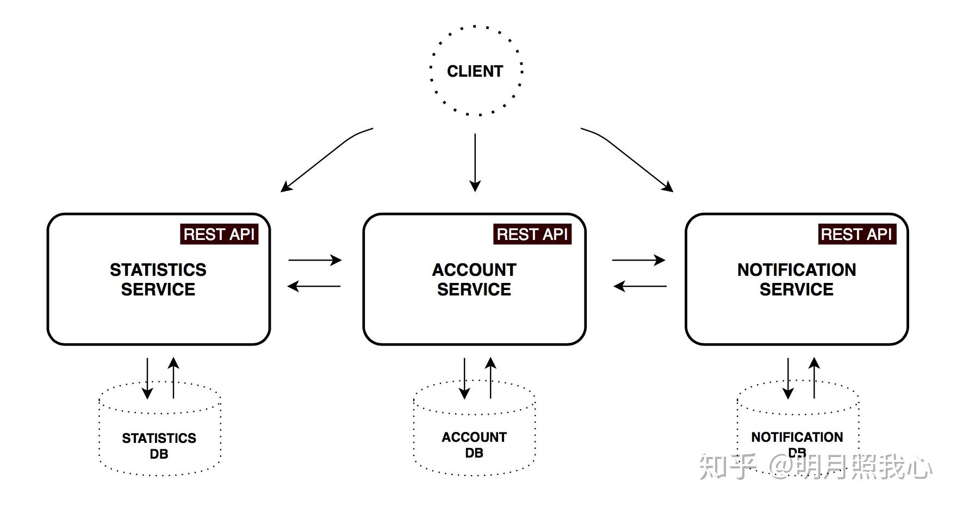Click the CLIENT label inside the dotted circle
pyautogui.click(x=475, y=71)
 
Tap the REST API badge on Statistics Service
pyautogui.click(x=219, y=235)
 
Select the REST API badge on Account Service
pyautogui.click(x=532, y=235)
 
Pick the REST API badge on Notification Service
pyautogui.click(x=856, y=235)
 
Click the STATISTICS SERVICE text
pyautogui.click(x=158, y=279)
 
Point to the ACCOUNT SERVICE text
pyautogui.click(x=474, y=279)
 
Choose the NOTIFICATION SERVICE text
pyautogui.click(x=797, y=279)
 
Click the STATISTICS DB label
pyautogui.click(x=159, y=446)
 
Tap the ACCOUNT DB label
pyautogui.click(x=474, y=445)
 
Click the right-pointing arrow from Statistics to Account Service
pyautogui.click(x=314, y=260)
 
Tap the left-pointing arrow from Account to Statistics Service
pyautogui.click(x=314, y=286)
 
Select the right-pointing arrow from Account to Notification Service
pyautogui.click(x=638, y=260)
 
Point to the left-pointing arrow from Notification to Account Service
pyautogui.click(x=640, y=286)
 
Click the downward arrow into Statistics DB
pyautogui.click(x=147, y=378)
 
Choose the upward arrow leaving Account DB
pyautogui.click(x=490, y=378)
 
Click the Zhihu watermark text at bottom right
pyautogui.click(x=816, y=467)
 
